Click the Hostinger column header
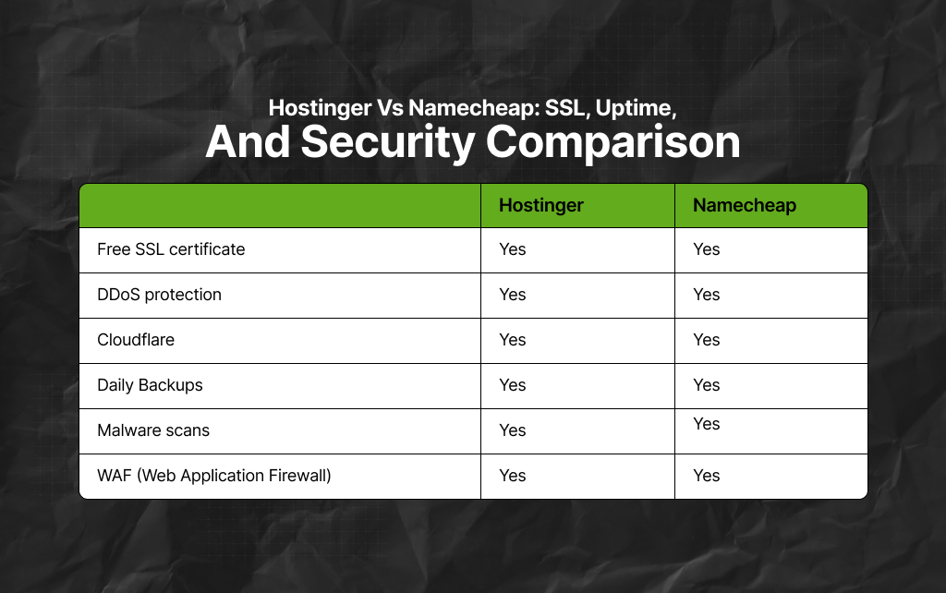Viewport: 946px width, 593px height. (541, 205)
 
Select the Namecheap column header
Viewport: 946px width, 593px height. (745, 205)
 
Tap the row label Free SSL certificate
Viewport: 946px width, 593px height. (171, 249)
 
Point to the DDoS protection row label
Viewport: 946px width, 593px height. (159, 295)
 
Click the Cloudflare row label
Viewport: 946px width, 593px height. (136, 340)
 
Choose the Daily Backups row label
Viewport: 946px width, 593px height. (150, 385)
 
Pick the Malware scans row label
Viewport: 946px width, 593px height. (153, 430)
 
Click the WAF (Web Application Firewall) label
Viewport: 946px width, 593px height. (214, 476)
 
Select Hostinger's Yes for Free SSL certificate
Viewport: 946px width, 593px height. (513, 249)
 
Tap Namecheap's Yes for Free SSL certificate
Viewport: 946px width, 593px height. (707, 249)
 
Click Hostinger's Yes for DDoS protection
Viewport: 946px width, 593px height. (513, 295)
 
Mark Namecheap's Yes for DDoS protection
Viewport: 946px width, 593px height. (707, 295)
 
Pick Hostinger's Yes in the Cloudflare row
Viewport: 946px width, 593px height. (513, 340)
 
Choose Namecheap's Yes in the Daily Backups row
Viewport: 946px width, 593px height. (707, 385)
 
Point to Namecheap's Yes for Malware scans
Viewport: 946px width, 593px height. (707, 424)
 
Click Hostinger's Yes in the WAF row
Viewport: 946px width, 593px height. (513, 476)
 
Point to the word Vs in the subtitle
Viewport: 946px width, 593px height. (389, 108)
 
